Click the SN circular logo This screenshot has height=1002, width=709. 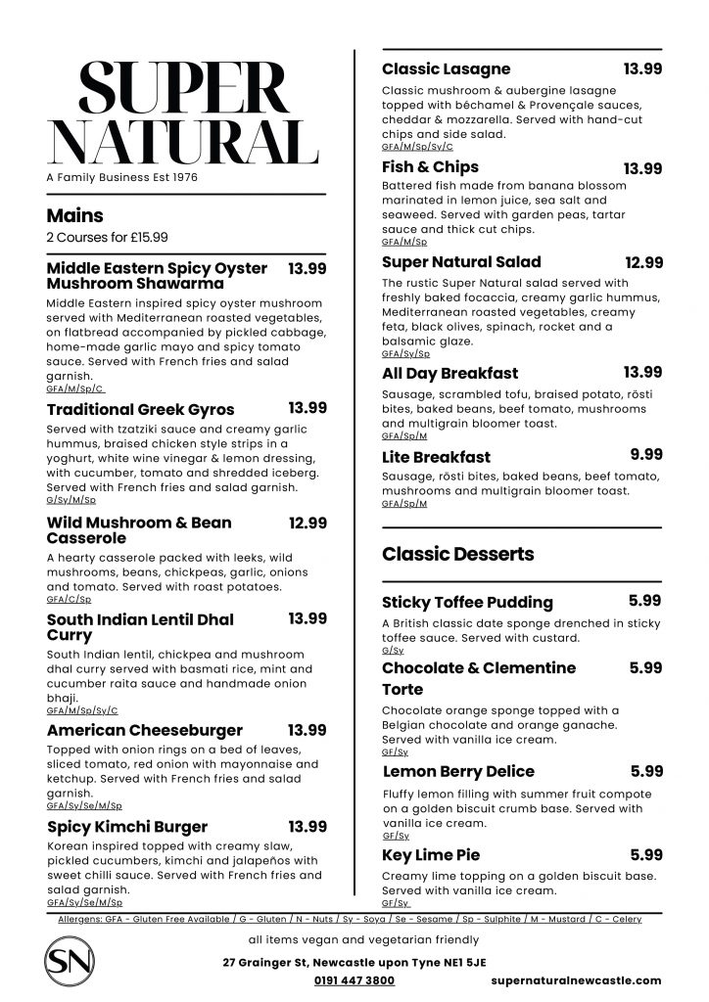tap(71, 962)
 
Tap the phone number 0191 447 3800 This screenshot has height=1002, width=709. tap(354, 979)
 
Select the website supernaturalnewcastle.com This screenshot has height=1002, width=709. tap(576, 979)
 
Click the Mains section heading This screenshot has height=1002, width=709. tap(74, 216)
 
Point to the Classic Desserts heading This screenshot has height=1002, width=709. tap(457, 554)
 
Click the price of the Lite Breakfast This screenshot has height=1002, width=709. tap(646, 454)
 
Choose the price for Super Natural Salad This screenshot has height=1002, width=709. tap(643, 262)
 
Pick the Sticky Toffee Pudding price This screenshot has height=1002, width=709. tap(645, 601)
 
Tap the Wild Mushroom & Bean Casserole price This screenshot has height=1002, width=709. tap(307, 523)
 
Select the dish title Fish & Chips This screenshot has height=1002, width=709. tap(430, 167)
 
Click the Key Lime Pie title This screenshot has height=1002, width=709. tap(431, 855)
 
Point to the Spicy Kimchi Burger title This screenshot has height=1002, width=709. tap(127, 827)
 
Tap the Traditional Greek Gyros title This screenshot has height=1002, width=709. tap(141, 409)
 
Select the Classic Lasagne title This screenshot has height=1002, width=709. tap(446, 69)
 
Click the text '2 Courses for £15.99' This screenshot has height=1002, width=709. tap(107, 238)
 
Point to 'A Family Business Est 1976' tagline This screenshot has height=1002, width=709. tap(121, 178)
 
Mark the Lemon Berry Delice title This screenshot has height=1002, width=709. tap(458, 772)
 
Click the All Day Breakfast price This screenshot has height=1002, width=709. tap(642, 372)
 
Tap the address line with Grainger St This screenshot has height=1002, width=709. tap(354, 962)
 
